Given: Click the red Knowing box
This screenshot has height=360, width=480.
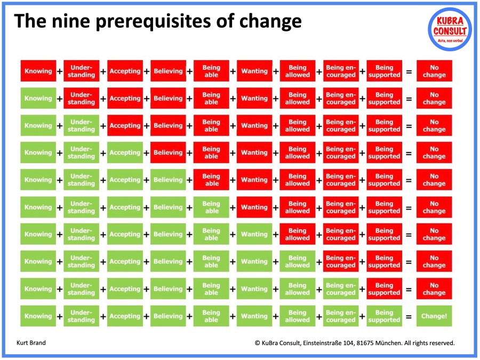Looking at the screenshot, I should pos(38,71).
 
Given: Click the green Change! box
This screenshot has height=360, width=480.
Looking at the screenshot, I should pos(434,316).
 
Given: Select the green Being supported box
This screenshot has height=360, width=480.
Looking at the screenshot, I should pos(384,316).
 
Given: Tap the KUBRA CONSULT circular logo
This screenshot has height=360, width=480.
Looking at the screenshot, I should pos(450,29).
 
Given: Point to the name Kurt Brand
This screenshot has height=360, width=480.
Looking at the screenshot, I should pos(31,343).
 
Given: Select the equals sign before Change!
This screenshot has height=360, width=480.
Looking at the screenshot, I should pos(409,316).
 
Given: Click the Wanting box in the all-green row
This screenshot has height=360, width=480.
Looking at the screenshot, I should pos(254,316).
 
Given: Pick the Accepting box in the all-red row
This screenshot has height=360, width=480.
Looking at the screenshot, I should pos(125,71).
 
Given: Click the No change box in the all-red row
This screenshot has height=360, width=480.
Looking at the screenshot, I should pos(434,71).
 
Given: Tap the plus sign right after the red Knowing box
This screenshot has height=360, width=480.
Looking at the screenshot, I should pos(60,71).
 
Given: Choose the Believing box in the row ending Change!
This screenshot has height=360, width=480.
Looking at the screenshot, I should pos(168,316).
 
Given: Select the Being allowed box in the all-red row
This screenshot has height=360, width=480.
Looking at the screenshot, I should pos(298,71).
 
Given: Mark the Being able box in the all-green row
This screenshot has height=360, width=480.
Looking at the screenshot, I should pos(211,316).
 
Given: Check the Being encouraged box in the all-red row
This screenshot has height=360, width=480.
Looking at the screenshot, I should pos(341,71).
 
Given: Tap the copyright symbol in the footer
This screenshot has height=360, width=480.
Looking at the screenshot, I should pos(258,343).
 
